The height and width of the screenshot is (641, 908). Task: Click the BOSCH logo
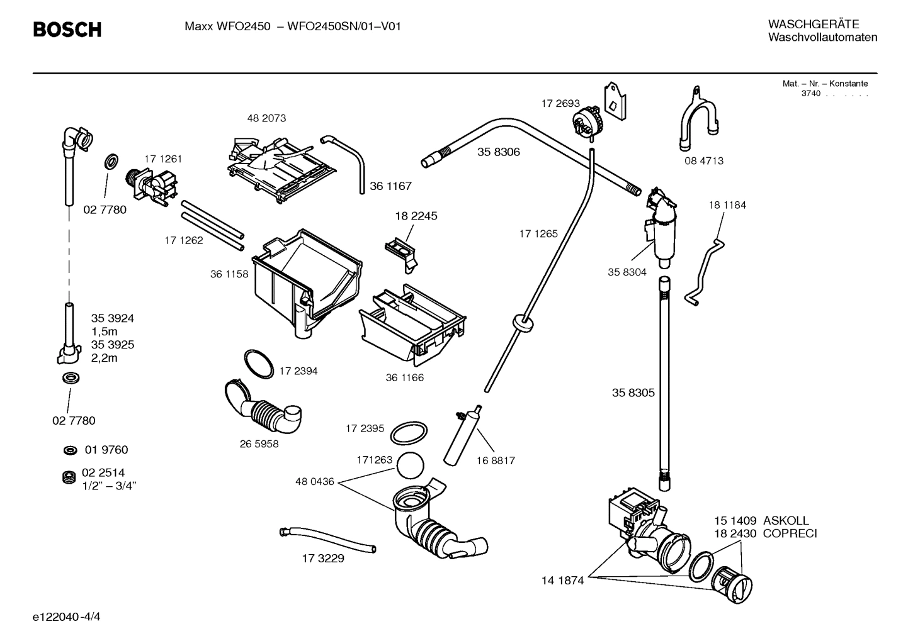pyautogui.click(x=67, y=30)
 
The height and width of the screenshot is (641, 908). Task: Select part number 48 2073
pyautogui.click(x=266, y=118)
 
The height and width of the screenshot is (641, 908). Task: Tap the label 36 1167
pyautogui.click(x=390, y=186)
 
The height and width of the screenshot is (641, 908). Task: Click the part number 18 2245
pyautogui.click(x=416, y=216)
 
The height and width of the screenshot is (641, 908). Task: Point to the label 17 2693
pyautogui.click(x=560, y=103)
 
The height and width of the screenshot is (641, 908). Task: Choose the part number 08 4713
pyautogui.click(x=704, y=161)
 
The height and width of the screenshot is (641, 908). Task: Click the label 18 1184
pyautogui.click(x=727, y=205)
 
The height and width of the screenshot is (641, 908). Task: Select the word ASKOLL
pyautogui.click(x=786, y=521)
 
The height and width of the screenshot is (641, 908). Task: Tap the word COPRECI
pyautogui.click(x=790, y=533)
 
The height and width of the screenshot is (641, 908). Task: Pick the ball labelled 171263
pyautogui.click(x=411, y=465)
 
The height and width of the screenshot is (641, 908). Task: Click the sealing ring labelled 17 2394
pyautogui.click(x=258, y=363)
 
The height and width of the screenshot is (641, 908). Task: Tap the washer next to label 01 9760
pyautogui.click(x=69, y=450)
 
